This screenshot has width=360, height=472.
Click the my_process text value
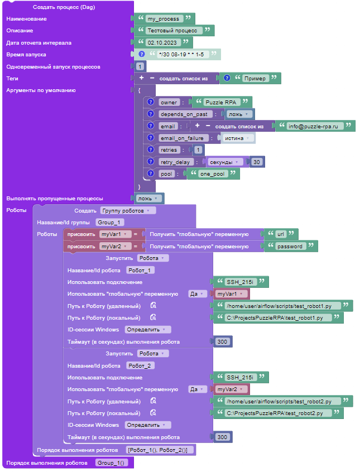pyautogui.click(x=164, y=18)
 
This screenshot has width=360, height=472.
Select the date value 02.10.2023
pyautogui.click(x=162, y=42)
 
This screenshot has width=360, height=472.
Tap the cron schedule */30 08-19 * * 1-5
pyautogui.click(x=181, y=55)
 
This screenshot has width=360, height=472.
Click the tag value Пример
pyautogui.click(x=255, y=78)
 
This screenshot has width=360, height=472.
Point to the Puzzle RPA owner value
pyautogui.click(x=221, y=102)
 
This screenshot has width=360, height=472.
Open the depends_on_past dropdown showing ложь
pyautogui.click(x=238, y=114)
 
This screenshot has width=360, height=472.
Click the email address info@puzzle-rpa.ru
pyautogui.click(x=313, y=126)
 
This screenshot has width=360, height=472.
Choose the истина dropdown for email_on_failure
pyautogui.click(x=237, y=138)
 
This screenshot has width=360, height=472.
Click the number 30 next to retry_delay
pyautogui.click(x=257, y=162)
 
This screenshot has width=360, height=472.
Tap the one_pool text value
pyautogui.click(x=213, y=174)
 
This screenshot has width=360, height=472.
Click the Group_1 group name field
pyautogui.click(x=109, y=223)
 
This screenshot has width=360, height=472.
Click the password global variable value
pyautogui.click(x=290, y=246)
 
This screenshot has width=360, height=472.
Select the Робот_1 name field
pyautogui.click(x=140, y=271)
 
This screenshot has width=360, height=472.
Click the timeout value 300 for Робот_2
pyautogui.click(x=222, y=437)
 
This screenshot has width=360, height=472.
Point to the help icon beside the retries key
pyautogui.click(x=151, y=150)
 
